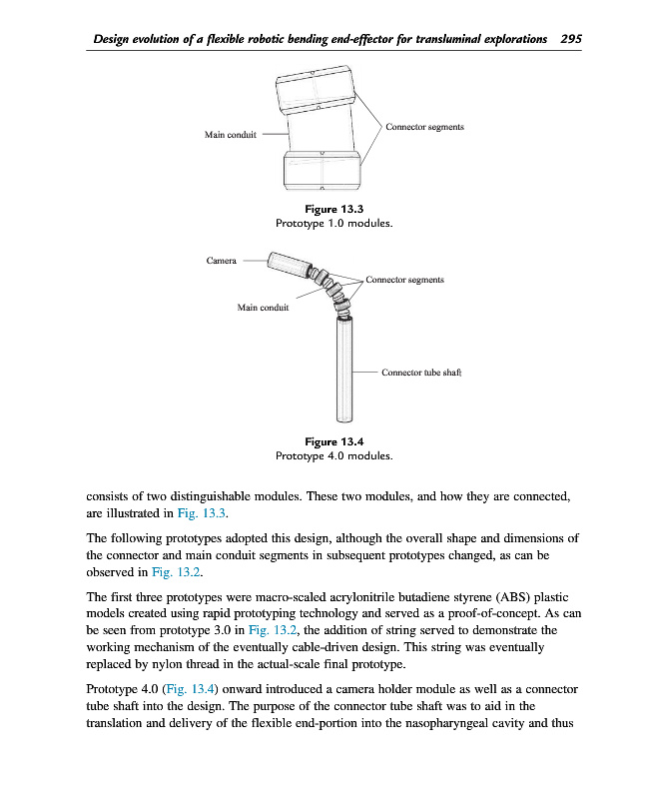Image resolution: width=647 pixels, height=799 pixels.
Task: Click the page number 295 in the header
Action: point(571,39)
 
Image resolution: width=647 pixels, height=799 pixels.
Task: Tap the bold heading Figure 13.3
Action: point(333,210)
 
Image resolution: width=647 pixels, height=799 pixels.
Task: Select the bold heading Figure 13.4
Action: point(333,441)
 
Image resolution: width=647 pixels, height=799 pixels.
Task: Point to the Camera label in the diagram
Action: point(221,261)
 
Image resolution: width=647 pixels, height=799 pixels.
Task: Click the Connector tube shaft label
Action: point(419,373)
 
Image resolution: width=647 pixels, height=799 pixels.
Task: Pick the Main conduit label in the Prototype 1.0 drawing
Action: point(229,136)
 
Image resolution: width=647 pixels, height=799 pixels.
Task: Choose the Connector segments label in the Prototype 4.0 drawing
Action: point(404,281)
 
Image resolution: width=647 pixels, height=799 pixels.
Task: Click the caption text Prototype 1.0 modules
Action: point(333,224)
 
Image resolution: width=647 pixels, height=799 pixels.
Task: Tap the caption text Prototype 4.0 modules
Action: point(333,455)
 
